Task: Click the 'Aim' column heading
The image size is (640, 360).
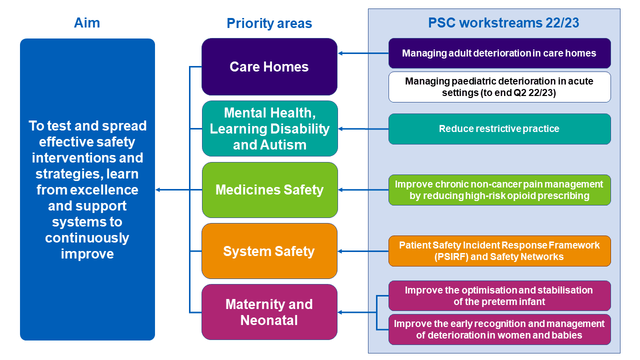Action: (87, 23)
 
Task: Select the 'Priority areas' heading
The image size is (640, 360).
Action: (269, 23)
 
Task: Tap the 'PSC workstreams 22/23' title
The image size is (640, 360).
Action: (503, 23)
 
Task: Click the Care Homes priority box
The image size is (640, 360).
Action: (269, 67)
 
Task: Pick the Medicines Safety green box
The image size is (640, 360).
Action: (269, 190)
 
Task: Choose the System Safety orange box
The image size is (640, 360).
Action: (269, 251)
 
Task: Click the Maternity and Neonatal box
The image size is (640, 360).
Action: (269, 312)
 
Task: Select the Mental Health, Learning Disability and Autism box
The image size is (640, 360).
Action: (269, 128)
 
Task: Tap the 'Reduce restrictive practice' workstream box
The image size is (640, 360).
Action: (499, 129)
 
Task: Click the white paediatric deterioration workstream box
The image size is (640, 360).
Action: (499, 87)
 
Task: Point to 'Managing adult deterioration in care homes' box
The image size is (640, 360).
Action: (499, 53)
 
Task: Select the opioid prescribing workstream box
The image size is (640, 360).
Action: (499, 190)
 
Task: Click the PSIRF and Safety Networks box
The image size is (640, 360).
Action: (499, 251)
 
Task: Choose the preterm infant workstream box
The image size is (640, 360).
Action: (499, 295)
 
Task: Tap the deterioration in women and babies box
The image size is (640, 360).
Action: (499, 329)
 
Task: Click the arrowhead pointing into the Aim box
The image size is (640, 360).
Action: (157, 189)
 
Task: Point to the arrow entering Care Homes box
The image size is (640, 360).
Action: (363, 53)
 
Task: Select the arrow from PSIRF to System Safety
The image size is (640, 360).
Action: (363, 251)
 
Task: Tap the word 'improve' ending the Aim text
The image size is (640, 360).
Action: (87, 254)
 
